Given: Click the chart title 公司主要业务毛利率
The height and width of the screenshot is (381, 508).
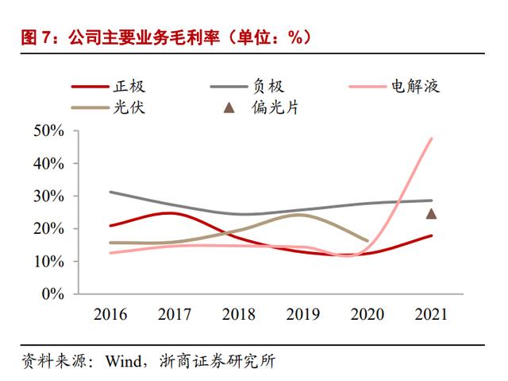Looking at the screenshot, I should click(x=162, y=37).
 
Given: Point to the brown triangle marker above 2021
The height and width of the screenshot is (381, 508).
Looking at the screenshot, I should click(x=432, y=213).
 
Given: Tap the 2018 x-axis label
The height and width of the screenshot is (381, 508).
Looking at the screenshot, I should click(x=238, y=314).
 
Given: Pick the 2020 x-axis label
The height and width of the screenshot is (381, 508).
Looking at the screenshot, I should click(x=367, y=314).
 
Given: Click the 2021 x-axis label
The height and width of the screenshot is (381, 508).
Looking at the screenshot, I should click(x=431, y=314).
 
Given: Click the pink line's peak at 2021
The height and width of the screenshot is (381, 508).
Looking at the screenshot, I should click(x=432, y=138).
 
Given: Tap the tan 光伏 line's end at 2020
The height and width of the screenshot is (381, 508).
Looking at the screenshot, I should click(x=367, y=240).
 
